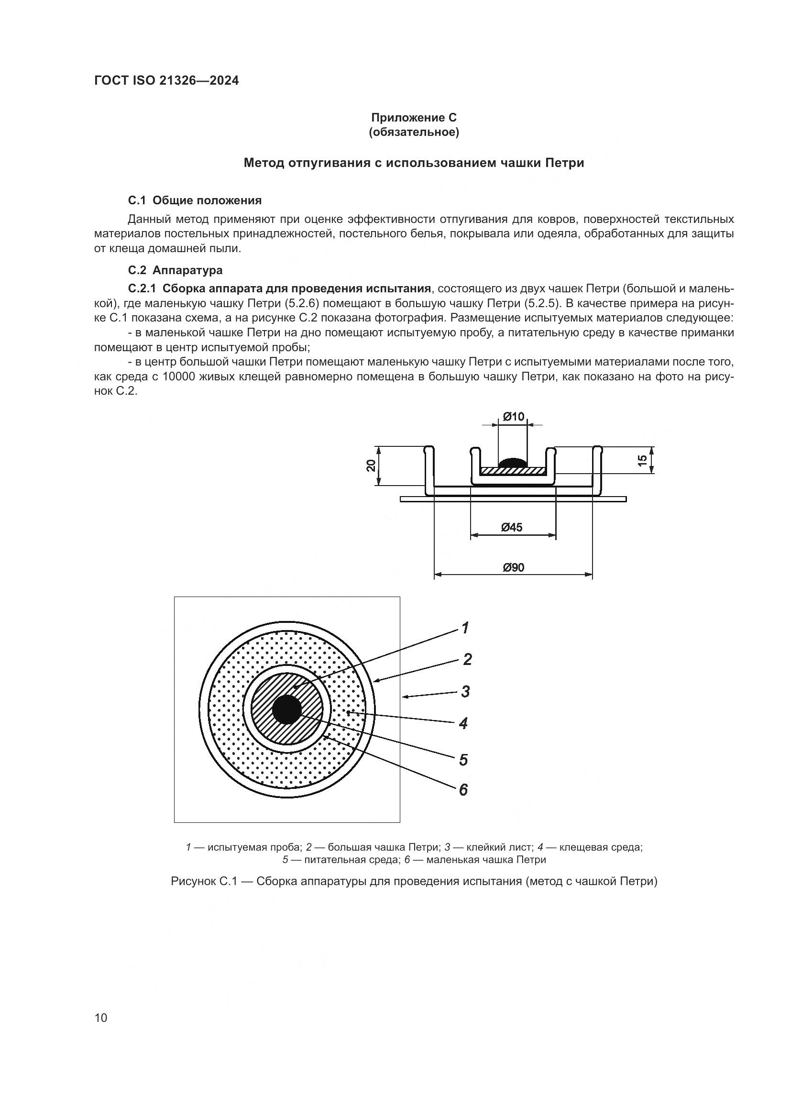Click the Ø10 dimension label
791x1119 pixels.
[x=513, y=417]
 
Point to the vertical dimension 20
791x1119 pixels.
[x=371, y=465]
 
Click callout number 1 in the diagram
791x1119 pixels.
[x=465, y=628]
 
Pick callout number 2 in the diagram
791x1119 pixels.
[x=467, y=660]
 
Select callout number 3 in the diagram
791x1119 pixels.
[x=466, y=692]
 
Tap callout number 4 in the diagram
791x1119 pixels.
[x=463, y=723]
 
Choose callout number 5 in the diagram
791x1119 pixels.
[x=463, y=760]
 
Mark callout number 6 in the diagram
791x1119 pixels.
[x=463, y=790]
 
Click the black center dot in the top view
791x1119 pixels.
[x=287, y=709]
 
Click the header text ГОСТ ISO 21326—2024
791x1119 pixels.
[x=166, y=81]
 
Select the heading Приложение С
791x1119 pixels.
[x=414, y=118]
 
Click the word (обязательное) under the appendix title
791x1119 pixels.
[x=414, y=133]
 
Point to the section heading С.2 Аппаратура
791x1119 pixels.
[x=176, y=270]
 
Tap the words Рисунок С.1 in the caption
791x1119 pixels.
[x=204, y=882]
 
